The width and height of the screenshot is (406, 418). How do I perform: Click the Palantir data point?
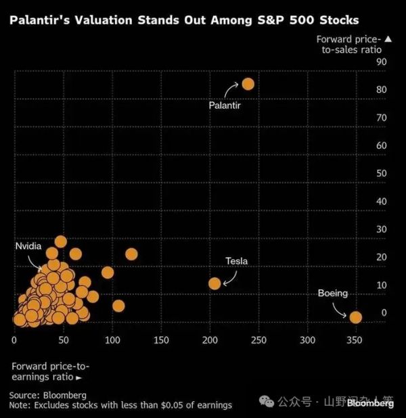point(248,84)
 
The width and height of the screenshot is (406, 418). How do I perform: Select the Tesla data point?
point(215,283)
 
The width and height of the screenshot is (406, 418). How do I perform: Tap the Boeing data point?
point(355,317)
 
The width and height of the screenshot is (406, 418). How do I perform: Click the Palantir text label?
point(225,106)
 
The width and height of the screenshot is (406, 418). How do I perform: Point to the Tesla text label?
point(237,261)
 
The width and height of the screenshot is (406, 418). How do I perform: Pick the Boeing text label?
point(332,294)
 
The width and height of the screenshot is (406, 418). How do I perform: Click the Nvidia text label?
point(28,247)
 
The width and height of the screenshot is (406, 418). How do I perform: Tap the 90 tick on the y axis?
point(382,62)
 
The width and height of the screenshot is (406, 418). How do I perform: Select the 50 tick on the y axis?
point(382,174)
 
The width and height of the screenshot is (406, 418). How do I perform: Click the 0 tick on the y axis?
point(384,313)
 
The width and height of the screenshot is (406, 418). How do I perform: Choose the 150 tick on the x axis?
point(160,340)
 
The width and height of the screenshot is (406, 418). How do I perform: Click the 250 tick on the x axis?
point(258,340)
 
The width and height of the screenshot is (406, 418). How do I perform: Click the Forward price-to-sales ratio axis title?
point(349,45)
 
